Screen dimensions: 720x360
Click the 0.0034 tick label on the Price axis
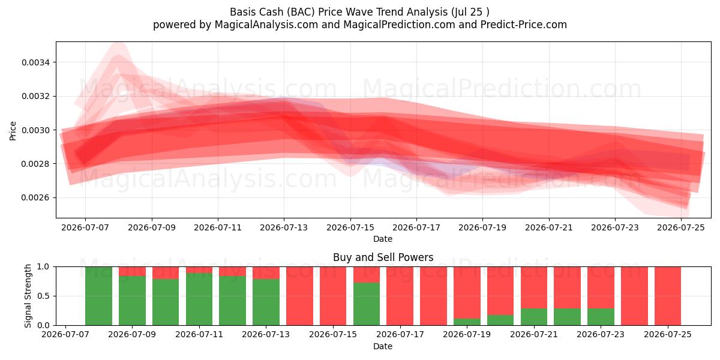coord(35,62)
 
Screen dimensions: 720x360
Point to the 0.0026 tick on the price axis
coord(35,197)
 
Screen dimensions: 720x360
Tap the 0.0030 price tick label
coord(35,130)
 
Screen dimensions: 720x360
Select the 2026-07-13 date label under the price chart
coord(284,228)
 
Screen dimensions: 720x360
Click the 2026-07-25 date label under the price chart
coord(681,228)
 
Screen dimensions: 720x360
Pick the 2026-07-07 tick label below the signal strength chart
coord(65,335)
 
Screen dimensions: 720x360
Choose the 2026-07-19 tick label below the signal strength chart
coord(467,335)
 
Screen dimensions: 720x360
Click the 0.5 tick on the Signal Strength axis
coord(43,296)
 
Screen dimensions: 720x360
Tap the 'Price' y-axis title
coord(13,131)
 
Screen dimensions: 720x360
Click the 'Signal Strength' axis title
coord(28,296)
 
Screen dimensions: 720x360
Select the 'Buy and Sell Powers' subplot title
coord(383,257)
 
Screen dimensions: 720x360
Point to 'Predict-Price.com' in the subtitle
coord(524,25)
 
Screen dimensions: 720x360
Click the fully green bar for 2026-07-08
coord(98,296)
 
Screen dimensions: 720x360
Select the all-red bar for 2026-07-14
coord(299,296)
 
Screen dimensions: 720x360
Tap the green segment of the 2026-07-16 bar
coord(367,304)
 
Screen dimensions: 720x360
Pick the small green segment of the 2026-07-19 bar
coord(467,322)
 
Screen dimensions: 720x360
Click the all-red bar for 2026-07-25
coord(668,296)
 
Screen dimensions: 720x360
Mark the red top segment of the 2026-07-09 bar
coord(132,271)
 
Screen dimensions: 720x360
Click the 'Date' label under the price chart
coord(383,239)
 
